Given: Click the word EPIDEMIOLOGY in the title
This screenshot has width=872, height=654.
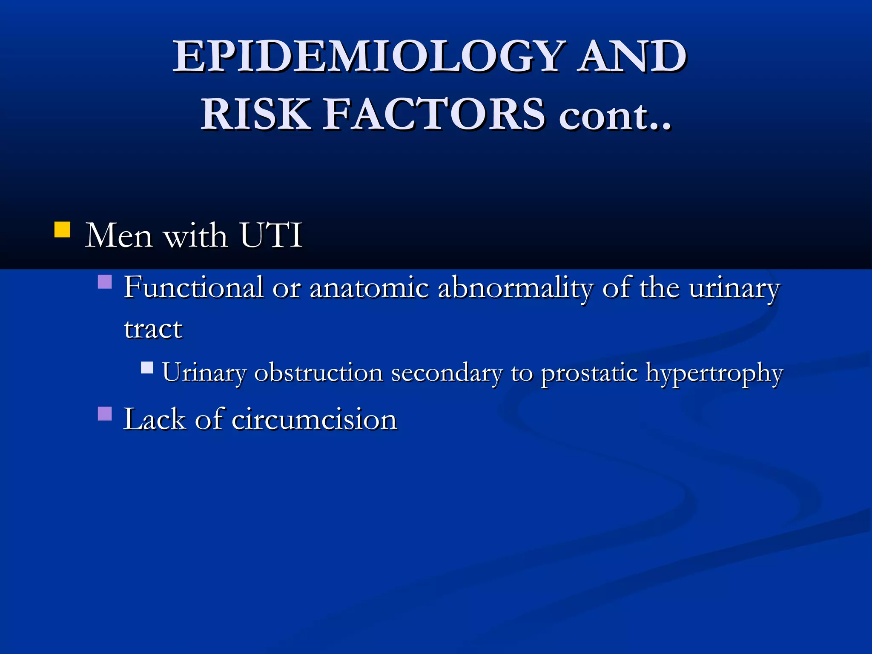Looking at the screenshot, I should tap(369, 56).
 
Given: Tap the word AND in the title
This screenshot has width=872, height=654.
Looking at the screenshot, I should tap(633, 56).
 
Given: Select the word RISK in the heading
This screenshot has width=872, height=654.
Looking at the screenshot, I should tap(255, 114).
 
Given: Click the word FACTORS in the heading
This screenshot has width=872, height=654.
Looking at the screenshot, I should tap(434, 114).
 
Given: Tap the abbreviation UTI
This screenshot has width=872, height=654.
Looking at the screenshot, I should tap(271, 235).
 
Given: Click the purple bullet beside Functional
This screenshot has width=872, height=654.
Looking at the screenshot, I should tap(105, 282).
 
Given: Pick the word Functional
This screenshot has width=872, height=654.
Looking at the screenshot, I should tap(193, 287).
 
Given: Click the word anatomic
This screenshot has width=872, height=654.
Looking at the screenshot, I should tap(369, 288).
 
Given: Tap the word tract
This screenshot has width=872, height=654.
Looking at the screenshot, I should tap(153, 329).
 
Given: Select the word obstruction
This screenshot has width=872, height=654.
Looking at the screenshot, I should tap(318, 373).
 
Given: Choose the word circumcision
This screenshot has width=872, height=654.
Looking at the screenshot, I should tap(314, 419).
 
